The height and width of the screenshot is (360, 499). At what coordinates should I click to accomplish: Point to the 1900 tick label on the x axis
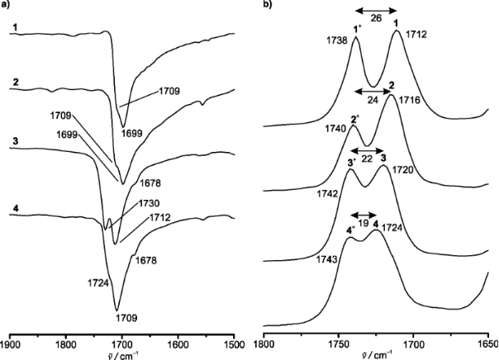[11, 340]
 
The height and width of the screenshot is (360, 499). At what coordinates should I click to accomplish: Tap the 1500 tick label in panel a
[235, 340]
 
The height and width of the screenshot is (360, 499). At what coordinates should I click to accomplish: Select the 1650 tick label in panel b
[487, 340]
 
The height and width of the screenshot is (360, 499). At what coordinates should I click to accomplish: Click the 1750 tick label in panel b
[338, 340]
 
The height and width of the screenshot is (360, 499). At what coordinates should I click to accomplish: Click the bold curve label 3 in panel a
[15, 143]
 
